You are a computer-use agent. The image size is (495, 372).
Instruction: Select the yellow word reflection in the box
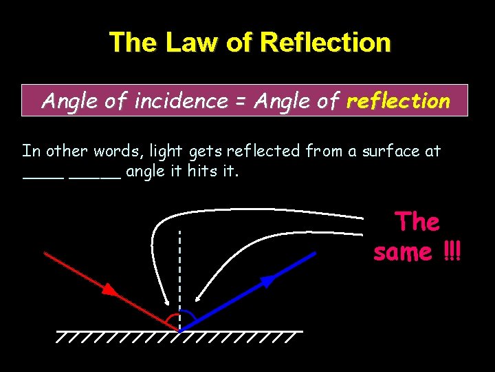[399, 101]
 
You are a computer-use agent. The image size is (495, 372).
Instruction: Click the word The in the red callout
[417, 222]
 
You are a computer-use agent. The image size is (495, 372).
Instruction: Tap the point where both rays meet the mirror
[179, 330]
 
